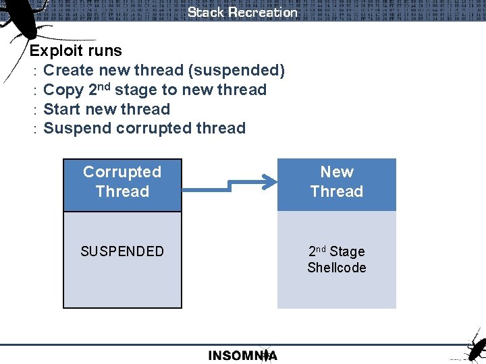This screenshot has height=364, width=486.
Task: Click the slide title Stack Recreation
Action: point(242,12)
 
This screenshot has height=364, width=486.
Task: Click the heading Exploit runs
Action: point(76,51)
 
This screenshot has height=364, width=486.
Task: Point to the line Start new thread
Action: point(106,109)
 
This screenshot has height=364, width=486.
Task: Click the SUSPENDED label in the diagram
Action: point(122,251)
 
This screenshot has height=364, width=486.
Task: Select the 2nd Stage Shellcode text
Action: point(336,260)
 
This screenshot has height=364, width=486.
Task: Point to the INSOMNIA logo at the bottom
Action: point(242,355)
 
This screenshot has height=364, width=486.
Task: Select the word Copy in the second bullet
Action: point(63,90)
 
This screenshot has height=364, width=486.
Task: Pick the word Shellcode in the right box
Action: point(336,268)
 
